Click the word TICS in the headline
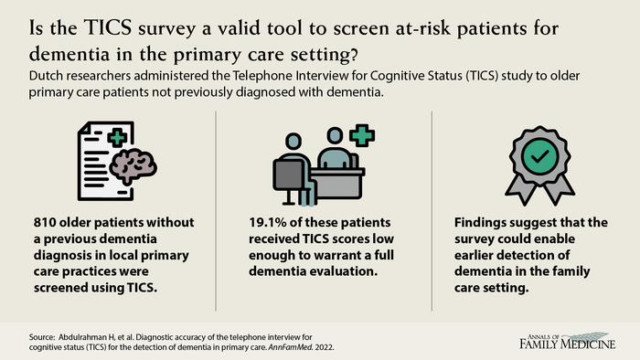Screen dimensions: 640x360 click(x=108, y=28)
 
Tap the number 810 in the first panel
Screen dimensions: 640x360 click(x=45, y=223)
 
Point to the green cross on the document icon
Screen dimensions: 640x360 click(x=117, y=137)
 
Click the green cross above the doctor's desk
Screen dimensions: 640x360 click(x=362, y=135)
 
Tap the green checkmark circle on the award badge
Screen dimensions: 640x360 click(x=539, y=156)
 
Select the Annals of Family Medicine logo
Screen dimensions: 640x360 click(x=568, y=341)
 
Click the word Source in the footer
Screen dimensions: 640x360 click(x=41, y=337)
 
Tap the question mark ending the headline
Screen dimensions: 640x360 click(x=354, y=55)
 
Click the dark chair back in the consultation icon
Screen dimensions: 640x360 click(x=289, y=175)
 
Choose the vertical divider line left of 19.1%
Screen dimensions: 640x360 click(x=216, y=211)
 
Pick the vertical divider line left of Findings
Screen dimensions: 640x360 click(x=432, y=211)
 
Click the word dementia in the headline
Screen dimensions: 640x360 click(x=69, y=55)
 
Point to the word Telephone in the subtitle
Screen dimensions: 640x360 click(x=263, y=76)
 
